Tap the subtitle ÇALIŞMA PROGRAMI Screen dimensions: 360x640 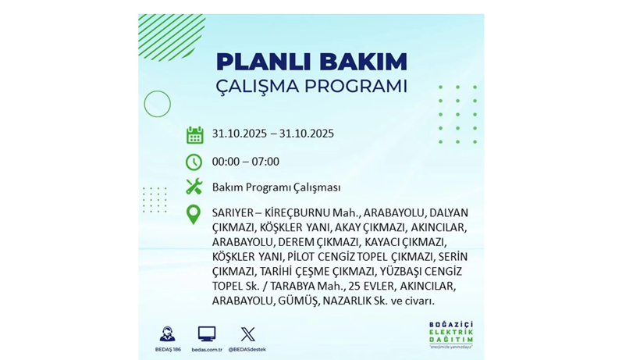pyautogui.click(x=311, y=85)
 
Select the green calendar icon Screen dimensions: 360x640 pyautogui.click(x=194, y=134)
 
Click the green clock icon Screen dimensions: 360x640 pyautogui.click(x=194, y=162)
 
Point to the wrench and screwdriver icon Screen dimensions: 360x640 pyautogui.click(x=194, y=187)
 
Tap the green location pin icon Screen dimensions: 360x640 pyautogui.click(x=193, y=214)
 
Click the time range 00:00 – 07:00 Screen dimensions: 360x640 pyautogui.click(x=245, y=162)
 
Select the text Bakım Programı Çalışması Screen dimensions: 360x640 pyautogui.click(x=276, y=187)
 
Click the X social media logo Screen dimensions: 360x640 pyautogui.click(x=247, y=334)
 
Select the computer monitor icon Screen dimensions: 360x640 pyautogui.click(x=207, y=334)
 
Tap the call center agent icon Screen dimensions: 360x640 pyautogui.click(x=166, y=334)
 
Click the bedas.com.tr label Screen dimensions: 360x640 pyautogui.click(x=207, y=349)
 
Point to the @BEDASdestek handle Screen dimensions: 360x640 pyautogui.click(x=247, y=349)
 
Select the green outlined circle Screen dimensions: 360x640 pyautogui.click(x=157, y=104)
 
